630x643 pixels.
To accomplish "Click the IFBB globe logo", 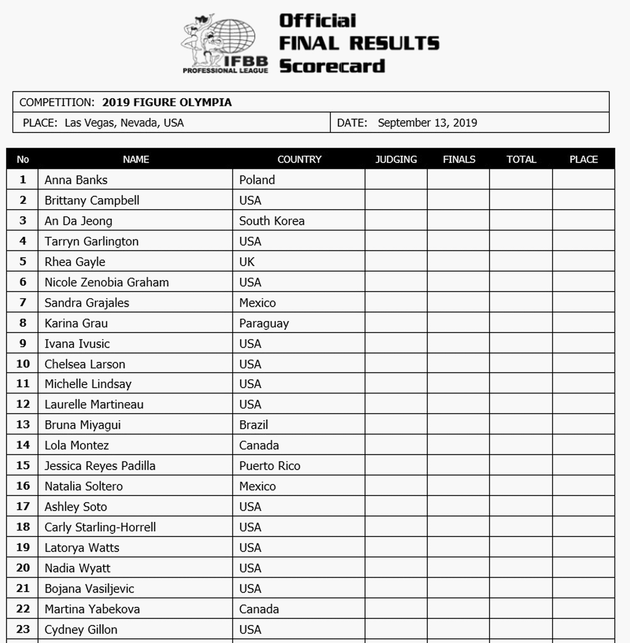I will click(225, 43).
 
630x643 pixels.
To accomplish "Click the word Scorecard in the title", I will click(332, 66).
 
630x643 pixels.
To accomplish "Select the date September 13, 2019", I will click(427, 123).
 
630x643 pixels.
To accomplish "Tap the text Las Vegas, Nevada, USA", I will click(124, 123).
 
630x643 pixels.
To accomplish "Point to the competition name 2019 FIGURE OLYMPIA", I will click(167, 102).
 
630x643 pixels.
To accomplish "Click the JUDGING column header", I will click(396, 159).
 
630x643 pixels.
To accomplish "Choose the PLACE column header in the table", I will click(583, 159).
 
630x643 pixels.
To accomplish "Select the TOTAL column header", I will click(521, 159).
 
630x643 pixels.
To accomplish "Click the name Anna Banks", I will click(76, 180).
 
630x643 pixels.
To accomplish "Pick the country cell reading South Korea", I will click(272, 221).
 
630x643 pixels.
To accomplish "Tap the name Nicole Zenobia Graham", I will click(107, 282).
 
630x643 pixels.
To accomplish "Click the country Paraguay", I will click(264, 324).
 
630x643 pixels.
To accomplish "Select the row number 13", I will click(23, 424).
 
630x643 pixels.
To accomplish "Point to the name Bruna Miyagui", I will click(83, 425).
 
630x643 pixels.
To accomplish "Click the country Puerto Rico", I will click(270, 466).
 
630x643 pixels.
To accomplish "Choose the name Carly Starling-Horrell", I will click(100, 527).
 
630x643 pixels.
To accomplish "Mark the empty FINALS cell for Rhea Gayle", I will click(458, 261).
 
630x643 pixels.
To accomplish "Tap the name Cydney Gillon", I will click(81, 630).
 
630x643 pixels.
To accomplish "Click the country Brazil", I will click(254, 425).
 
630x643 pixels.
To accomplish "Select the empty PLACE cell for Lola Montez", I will click(583, 445).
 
